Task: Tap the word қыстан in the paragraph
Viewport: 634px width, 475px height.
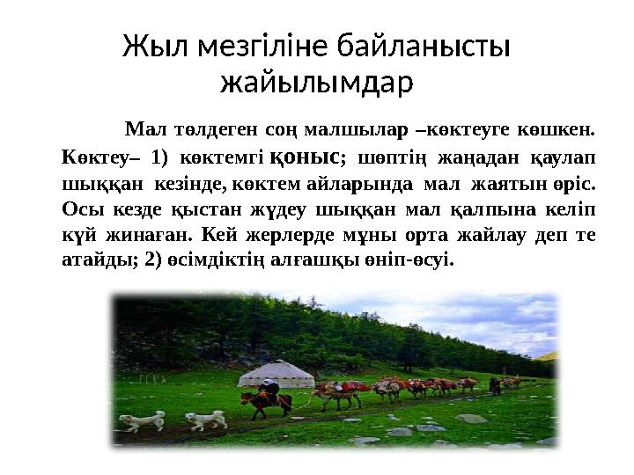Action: pyautogui.click(x=165, y=210)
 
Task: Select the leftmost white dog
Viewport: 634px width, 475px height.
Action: pyautogui.click(x=143, y=420)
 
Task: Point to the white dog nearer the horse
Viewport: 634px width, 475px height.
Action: pyautogui.click(x=206, y=420)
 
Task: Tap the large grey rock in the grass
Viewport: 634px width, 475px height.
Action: pyautogui.click(x=470, y=418)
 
